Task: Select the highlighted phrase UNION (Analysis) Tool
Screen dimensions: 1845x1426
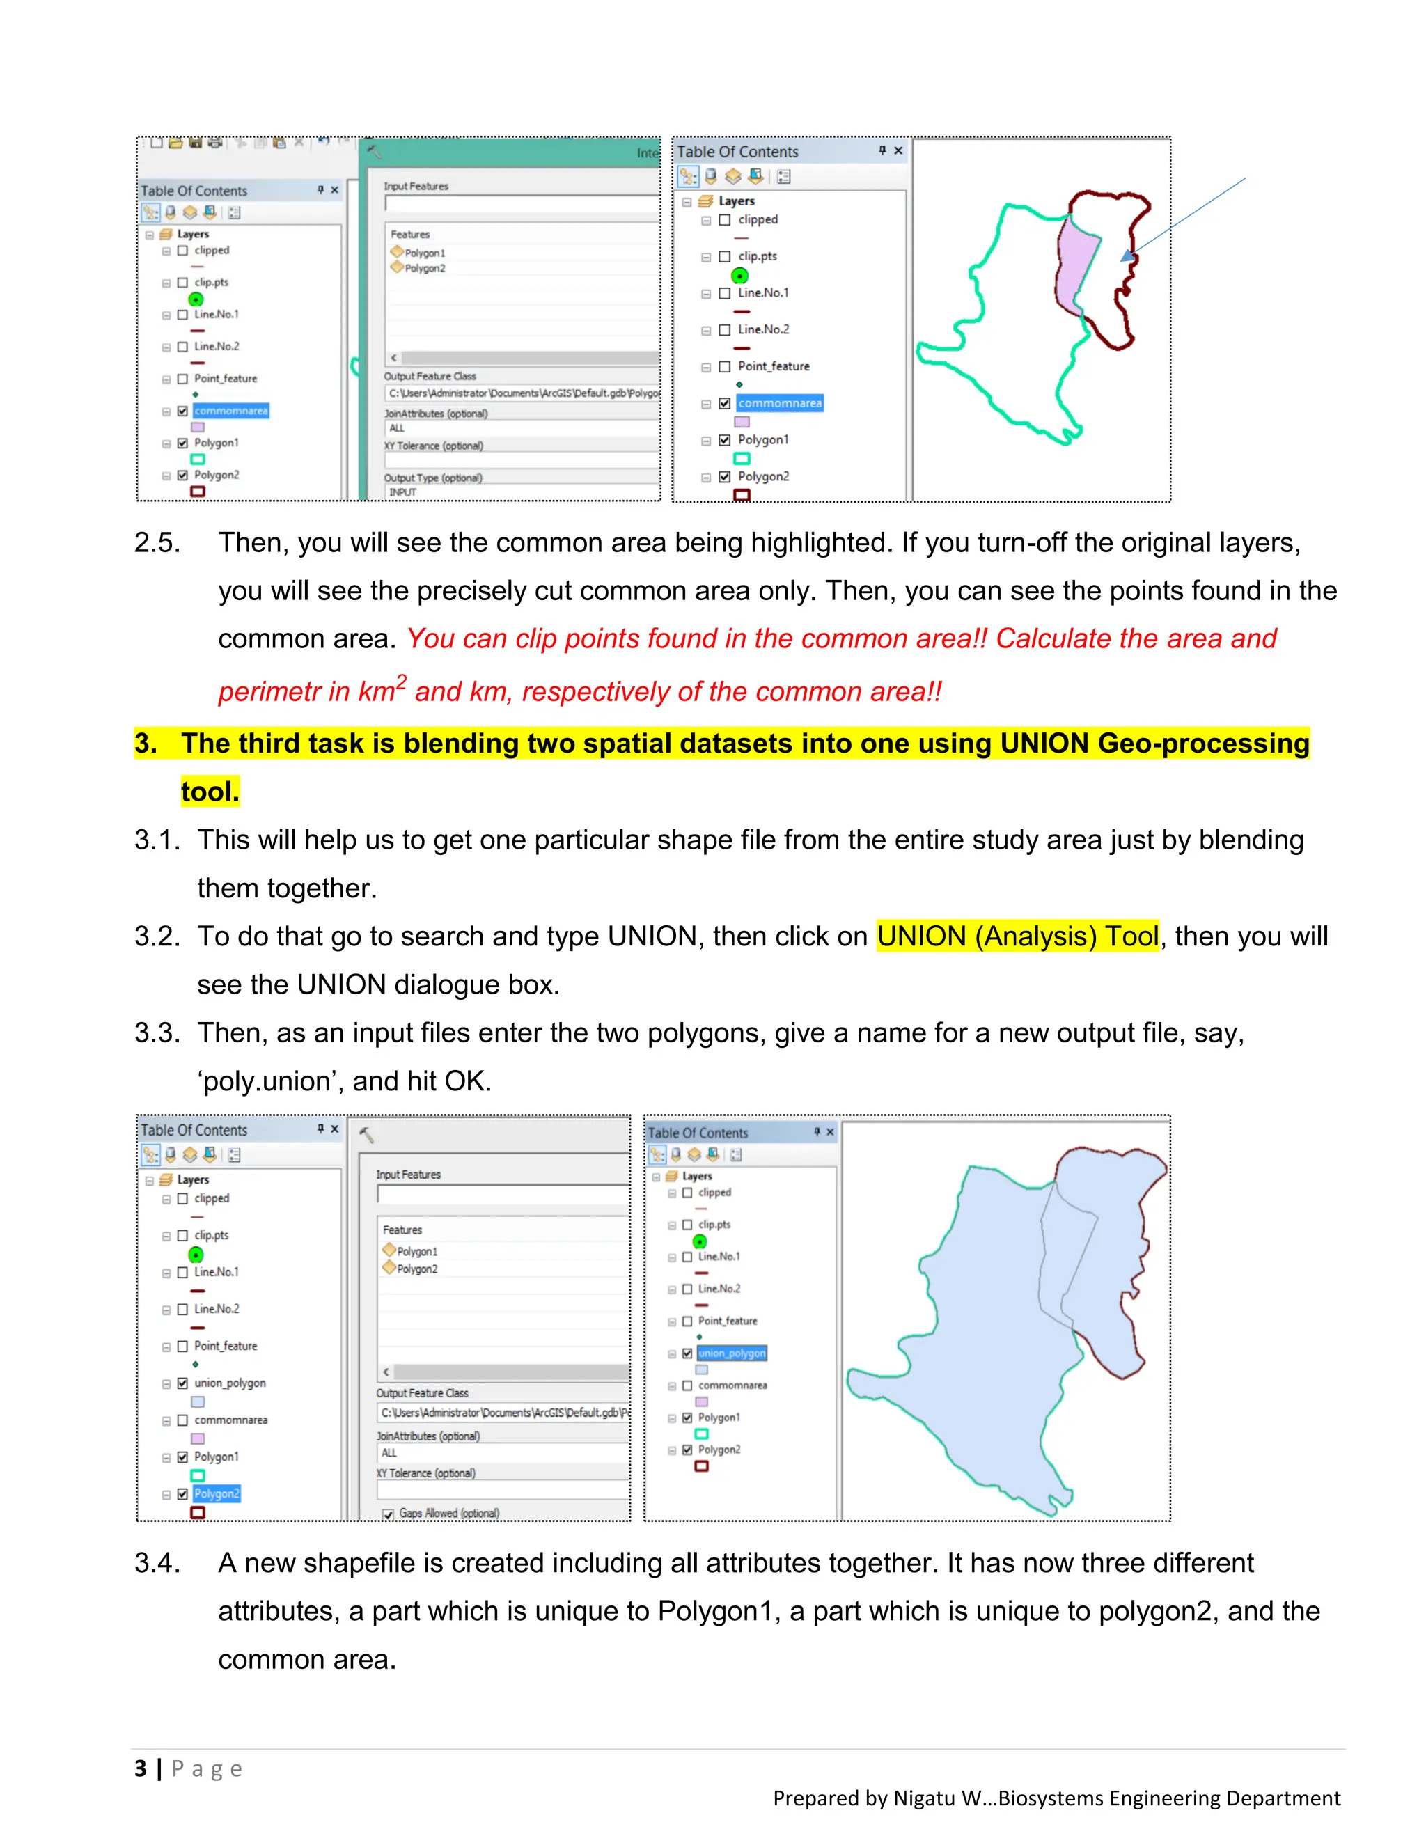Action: click(x=1017, y=936)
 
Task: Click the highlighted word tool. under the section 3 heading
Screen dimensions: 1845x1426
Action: click(x=210, y=792)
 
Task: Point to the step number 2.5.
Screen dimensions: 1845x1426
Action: click(x=157, y=542)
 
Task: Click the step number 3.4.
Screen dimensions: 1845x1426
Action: click(x=157, y=1563)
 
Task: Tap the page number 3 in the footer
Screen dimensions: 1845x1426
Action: click(x=140, y=1768)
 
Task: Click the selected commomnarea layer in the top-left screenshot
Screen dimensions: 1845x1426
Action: click(x=230, y=411)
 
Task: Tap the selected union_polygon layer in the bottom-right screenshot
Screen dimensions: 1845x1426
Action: click(x=732, y=1353)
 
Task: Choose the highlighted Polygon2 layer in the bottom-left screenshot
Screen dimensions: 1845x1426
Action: click(x=217, y=1493)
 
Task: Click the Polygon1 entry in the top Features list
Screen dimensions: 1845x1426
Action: click(x=424, y=253)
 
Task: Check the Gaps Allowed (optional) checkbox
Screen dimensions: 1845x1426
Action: click(x=389, y=1514)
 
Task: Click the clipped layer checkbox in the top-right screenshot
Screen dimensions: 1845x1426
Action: click(x=724, y=219)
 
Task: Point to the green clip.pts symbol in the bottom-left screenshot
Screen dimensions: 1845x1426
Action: click(x=196, y=1255)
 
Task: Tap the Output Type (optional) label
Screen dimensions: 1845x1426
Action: click(x=432, y=478)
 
